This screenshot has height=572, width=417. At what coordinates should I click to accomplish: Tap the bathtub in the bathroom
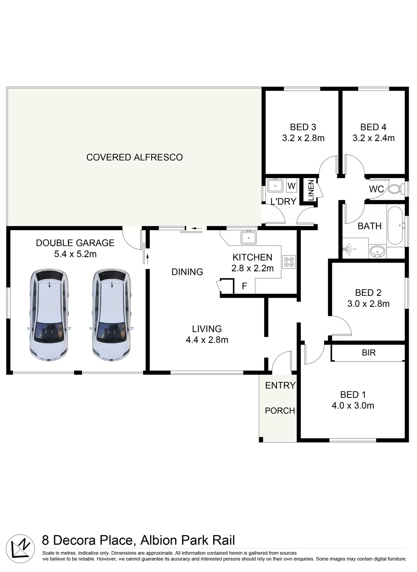pos(395,226)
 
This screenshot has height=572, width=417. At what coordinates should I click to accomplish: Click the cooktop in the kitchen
pos(289,262)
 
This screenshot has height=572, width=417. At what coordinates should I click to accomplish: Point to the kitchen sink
pos(248,238)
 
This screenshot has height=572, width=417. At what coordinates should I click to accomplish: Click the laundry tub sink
pos(275,186)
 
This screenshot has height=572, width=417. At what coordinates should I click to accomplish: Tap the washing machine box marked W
pos(291,186)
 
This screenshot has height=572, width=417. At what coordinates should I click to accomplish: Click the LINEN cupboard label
pos(311,190)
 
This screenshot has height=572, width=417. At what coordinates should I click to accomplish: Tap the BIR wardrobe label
pos(369,352)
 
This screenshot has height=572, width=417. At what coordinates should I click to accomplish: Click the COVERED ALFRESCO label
pos(135,157)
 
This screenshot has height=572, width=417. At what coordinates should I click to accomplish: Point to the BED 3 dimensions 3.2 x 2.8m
pos(303,138)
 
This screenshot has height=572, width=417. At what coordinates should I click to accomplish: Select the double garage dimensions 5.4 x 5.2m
pos(75,254)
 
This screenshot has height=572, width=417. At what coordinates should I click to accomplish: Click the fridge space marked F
pos(244,286)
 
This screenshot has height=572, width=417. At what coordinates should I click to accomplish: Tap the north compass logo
pos(20,548)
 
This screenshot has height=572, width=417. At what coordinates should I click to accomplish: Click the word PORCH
pos(280,411)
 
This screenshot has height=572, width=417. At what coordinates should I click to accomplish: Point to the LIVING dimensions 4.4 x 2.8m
pos(207,340)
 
